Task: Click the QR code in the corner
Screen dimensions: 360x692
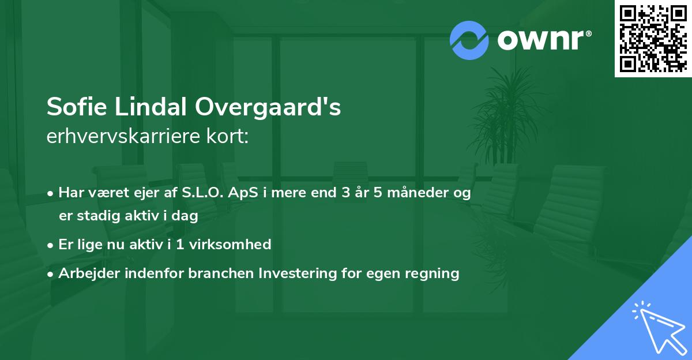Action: click(653, 39)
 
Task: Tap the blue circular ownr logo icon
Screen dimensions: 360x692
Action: click(469, 40)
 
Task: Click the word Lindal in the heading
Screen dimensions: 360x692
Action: click(152, 107)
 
